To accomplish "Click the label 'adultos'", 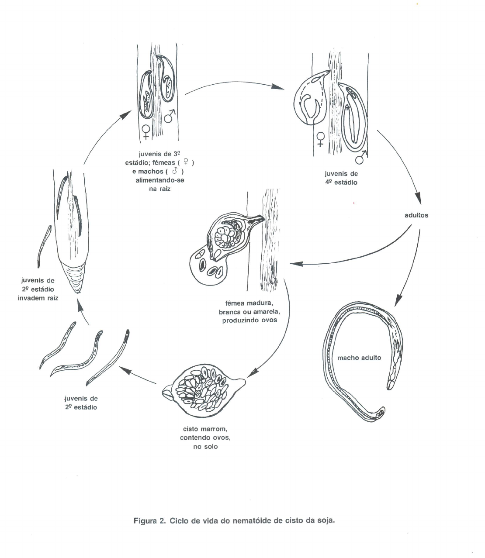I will pos(416,215).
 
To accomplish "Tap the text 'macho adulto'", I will pos(359,358).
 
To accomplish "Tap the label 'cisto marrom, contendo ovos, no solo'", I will pos(205,437).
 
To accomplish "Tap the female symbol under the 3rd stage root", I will pos(146,131).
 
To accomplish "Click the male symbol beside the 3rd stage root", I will pos(170,116).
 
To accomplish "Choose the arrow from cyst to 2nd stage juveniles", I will pos(138,376).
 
